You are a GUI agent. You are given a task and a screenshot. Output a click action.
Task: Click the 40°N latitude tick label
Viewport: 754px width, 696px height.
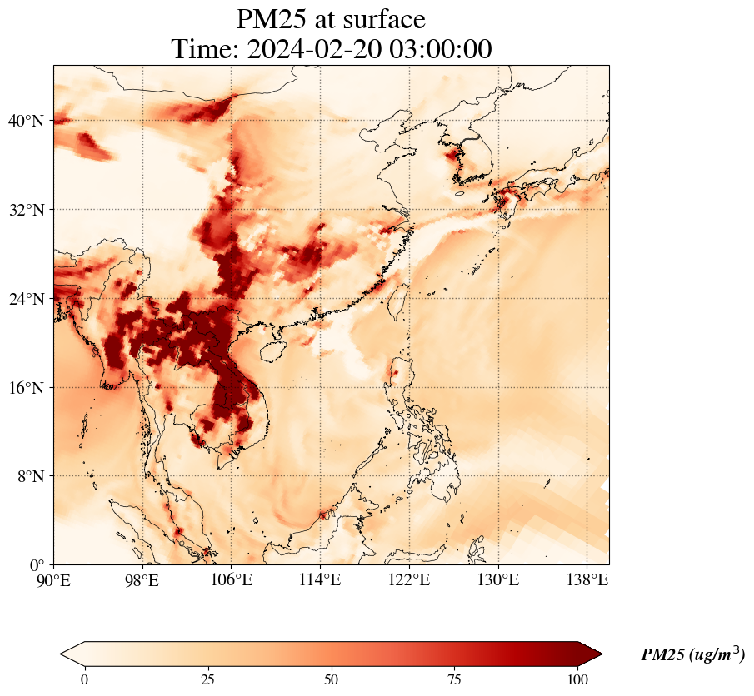point(26,122)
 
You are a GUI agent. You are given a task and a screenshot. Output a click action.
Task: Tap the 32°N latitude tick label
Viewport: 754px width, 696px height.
point(26,210)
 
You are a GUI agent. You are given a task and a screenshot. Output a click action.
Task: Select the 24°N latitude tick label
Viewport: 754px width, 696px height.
point(26,299)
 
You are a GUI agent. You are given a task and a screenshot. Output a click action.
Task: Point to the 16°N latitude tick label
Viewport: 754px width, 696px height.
point(26,388)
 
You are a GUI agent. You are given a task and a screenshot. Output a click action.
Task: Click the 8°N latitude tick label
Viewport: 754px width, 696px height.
point(30,476)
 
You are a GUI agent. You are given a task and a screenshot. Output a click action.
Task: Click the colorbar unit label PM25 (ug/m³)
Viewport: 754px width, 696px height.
point(692,655)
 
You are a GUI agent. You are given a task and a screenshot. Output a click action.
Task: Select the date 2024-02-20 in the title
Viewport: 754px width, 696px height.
point(312,49)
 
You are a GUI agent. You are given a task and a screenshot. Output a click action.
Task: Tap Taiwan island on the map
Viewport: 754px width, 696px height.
point(399,297)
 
